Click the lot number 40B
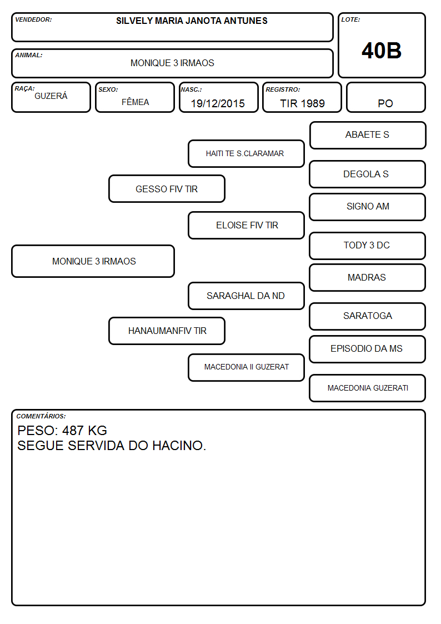pyautogui.click(x=382, y=51)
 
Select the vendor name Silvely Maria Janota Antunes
pyautogui.click(x=192, y=21)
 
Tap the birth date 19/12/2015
pyautogui.click(x=218, y=103)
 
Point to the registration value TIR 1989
pyautogui.click(x=302, y=103)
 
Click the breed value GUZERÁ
pyautogui.click(x=51, y=96)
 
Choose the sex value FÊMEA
pyautogui.click(x=135, y=102)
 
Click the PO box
pyautogui.click(x=385, y=98)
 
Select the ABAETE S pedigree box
pyautogui.click(x=368, y=136)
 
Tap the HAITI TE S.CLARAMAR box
pyautogui.click(x=246, y=153)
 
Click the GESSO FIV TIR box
pyautogui.click(x=167, y=188)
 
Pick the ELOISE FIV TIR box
pyautogui.click(x=246, y=225)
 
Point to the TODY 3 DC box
pyautogui.click(x=367, y=246)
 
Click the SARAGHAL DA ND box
pyautogui.click(x=246, y=296)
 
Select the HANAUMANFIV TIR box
pyautogui.click(x=167, y=331)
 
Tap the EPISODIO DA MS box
pyautogui.click(x=367, y=349)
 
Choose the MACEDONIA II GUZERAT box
pyautogui.click(x=246, y=367)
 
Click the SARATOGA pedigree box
pyautogui.click(x=367, y=316)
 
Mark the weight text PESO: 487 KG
pyautogui.click(x=62, y=431)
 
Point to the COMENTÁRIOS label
pyautogui.click(x=41, y=416)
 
